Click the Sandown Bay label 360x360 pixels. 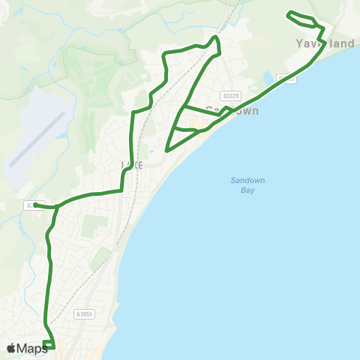[242, 185]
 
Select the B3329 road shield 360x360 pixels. [230, 96]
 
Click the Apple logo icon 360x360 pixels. [11, 348]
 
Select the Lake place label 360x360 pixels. [131, 164]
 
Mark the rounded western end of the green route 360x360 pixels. [36, 204]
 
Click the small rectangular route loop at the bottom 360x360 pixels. [49, 345]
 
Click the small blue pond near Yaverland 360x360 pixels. [268, 77]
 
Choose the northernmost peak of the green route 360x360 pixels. [215, 37]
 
